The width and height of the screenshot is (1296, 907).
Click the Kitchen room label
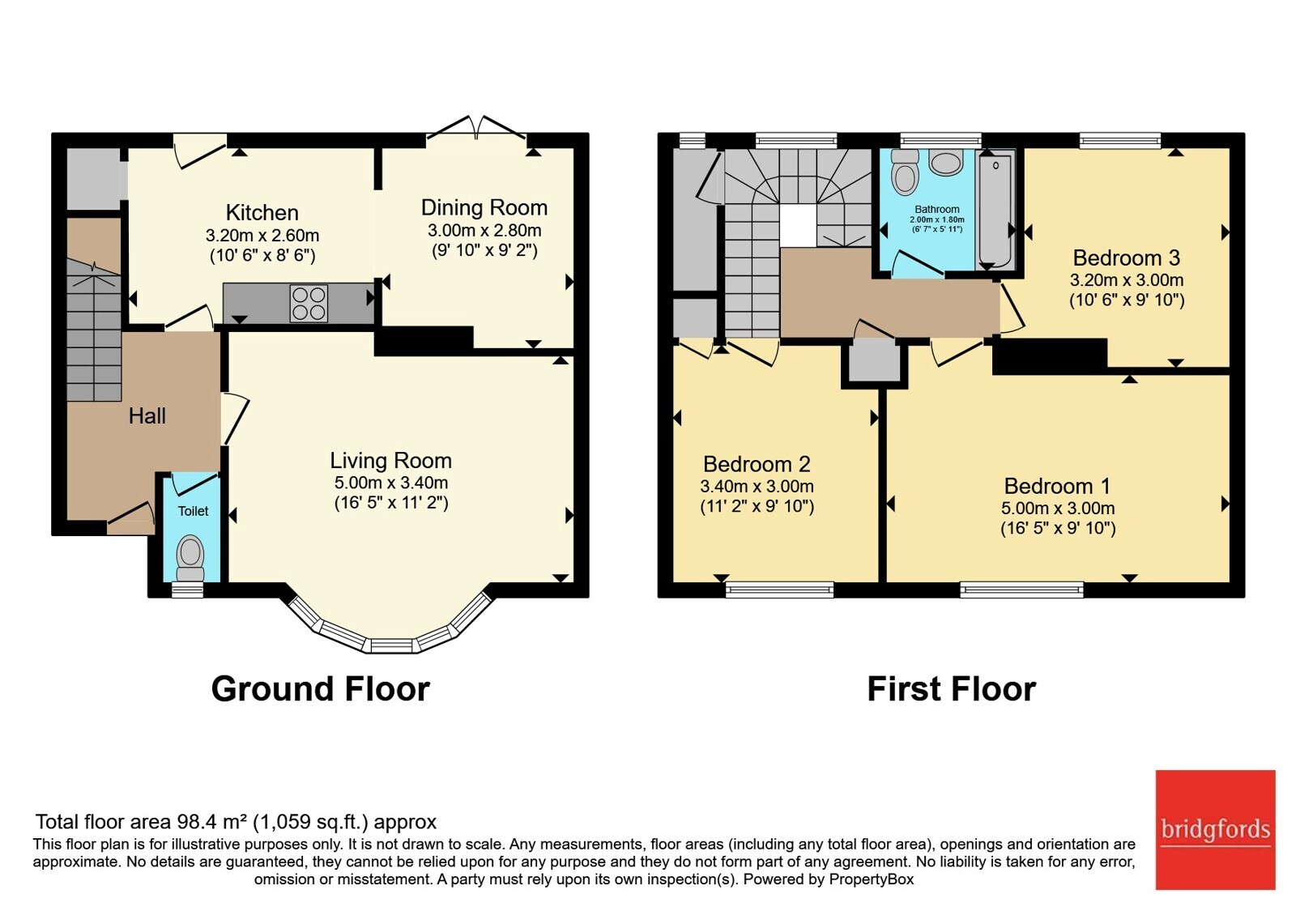point(262,213)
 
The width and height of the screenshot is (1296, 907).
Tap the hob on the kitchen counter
point(309,304)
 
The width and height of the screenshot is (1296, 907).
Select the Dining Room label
point(484,207)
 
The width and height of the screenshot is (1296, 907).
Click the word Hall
point(147,416)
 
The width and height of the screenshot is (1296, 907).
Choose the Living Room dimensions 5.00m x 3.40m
point(391,483)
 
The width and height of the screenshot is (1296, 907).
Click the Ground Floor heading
point(321,689)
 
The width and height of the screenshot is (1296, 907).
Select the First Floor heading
point(952,689)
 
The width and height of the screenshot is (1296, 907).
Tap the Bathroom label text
point(936,209)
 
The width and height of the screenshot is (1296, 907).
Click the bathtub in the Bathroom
point(995,211)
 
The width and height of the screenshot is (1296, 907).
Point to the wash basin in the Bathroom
point(946,163)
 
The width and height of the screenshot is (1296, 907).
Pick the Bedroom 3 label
point(1126,258)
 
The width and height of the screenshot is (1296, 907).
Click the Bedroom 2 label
point(757,464)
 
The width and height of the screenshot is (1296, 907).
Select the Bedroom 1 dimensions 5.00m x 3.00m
point(1058,508)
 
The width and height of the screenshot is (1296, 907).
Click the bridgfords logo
point(1216,829)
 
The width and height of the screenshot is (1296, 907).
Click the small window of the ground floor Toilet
point(187,590)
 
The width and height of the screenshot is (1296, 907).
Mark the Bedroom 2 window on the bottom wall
point(780,590)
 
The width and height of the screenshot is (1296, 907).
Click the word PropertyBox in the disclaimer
point(872,879)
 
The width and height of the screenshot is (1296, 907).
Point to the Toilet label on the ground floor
point(194,511)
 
